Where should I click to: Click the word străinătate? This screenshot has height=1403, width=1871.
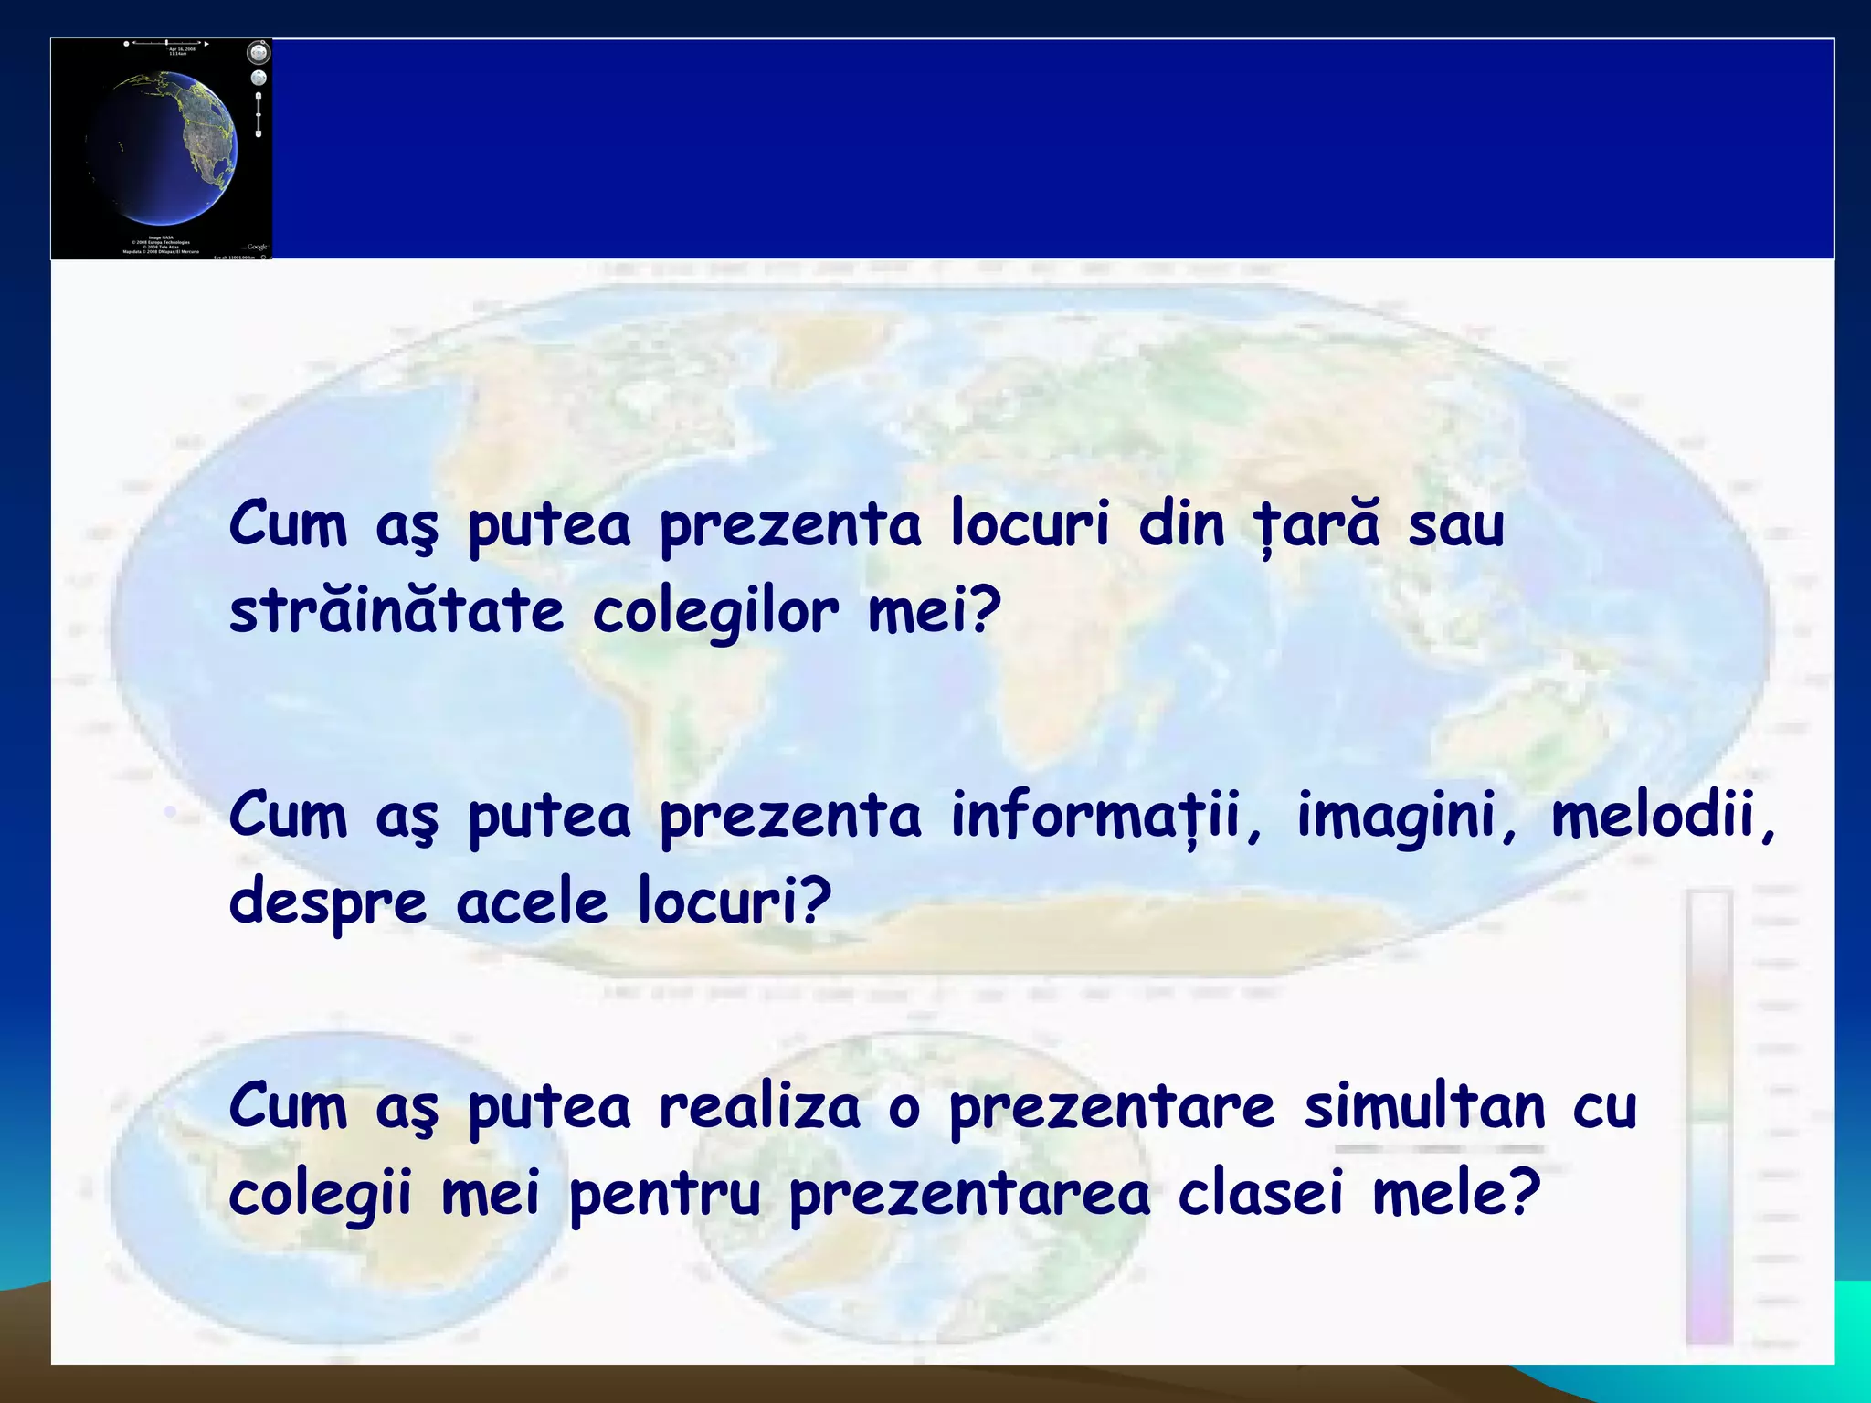(x=396, y=611)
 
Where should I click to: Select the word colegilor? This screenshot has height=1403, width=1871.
(x=715, y=613)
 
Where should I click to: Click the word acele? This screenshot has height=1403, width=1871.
(x=532, y=902)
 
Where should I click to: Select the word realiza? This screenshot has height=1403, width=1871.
(x=760, y=1107)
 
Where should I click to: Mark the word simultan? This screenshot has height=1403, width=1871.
(x=1424, y=1107)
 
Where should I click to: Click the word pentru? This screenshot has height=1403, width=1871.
(x=665, y=1195)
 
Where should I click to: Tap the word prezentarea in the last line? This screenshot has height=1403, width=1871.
(x=969, y=1195)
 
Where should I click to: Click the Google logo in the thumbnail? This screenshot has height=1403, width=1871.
(x=256, y=247)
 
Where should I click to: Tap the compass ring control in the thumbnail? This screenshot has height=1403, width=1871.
(x=259, y=52)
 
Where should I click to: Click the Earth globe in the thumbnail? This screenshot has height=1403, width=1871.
(x=164, y=146)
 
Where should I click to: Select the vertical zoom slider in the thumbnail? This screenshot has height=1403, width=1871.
(x=259, y=114)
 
